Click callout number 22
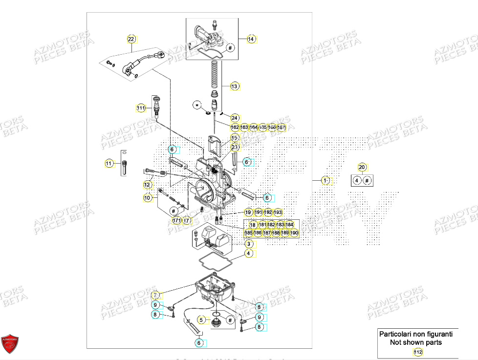point(131,39)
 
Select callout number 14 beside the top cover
point(251,39)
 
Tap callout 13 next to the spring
point(235,86)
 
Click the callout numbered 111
point(141,107)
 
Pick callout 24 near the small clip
point(235,118)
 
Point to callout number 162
point(235,127)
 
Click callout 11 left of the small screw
point(109,163)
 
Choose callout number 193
point(278,212)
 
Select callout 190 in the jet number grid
point(294,233)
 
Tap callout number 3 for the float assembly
point(248,244)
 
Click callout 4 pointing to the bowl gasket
point(248,254)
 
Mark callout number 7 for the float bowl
point(155,295)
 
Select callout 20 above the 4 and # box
point(362,168)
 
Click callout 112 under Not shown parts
point(417,352)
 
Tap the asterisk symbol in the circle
point(197,105)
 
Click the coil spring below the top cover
point(214,73)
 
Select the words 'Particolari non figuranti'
point(416,334)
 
